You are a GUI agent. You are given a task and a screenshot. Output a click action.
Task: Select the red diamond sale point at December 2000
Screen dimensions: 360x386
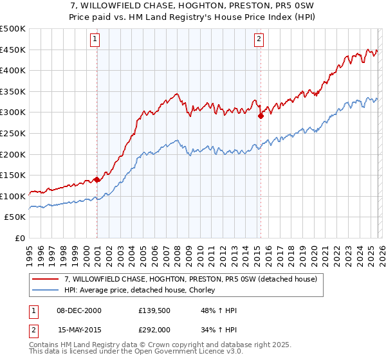[96, 180]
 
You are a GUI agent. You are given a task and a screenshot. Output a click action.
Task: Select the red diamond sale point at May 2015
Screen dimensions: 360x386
[261, 116]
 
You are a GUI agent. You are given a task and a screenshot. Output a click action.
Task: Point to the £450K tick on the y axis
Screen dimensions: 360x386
[13, 50]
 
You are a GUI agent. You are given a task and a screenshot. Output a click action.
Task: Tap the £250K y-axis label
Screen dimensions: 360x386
[13, 133]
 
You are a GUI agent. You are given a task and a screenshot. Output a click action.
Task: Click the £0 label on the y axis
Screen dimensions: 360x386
[21, 238]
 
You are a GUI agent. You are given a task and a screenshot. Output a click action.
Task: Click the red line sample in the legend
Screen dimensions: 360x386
[45, 280]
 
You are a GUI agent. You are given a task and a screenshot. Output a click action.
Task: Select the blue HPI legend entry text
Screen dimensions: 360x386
[139, 291]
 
